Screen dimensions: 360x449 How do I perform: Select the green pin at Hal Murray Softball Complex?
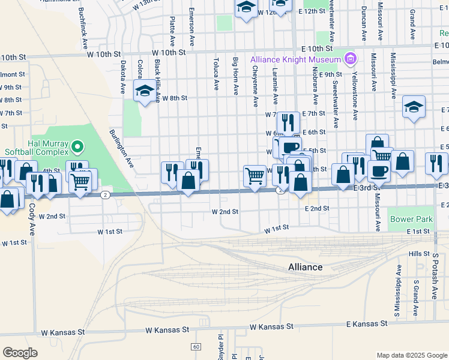[x=77, y=146]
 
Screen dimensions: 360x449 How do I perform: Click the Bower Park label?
[x=411, y=220]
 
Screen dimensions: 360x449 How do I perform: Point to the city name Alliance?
[x=305, y=267]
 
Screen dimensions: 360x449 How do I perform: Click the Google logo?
[x=20, y=352]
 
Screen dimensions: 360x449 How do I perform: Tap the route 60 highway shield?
[x=196, y=347]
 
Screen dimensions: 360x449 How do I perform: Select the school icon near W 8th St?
[x=144, y=92]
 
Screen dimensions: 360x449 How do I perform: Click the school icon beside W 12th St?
[x=246, y=8]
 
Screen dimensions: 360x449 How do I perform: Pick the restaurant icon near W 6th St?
[x=288, y=122]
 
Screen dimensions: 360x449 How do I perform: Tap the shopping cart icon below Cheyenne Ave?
[x=255, y=176]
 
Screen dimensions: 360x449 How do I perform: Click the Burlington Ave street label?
[x=121, y=147]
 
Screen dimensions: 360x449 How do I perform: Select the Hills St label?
[x=415, y=254]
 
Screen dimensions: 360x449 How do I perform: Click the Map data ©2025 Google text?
[x=411, y=355]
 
